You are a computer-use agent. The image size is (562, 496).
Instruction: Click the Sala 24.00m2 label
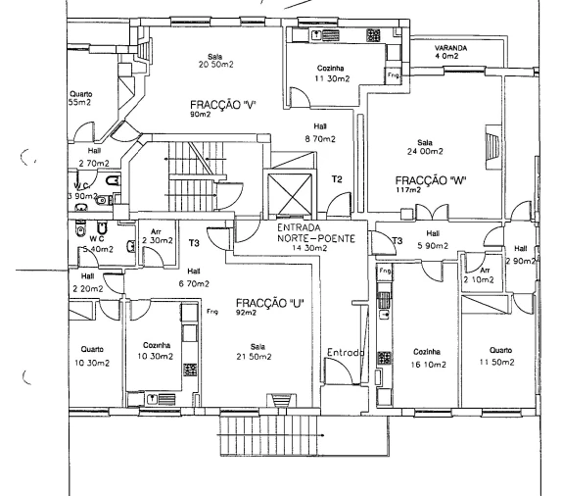coord(424,147)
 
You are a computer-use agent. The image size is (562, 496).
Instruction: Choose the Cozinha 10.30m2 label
coord(158,351)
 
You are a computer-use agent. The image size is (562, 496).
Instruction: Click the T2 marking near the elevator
coord(337,179)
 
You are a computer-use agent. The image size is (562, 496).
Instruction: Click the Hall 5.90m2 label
coord(433,240)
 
